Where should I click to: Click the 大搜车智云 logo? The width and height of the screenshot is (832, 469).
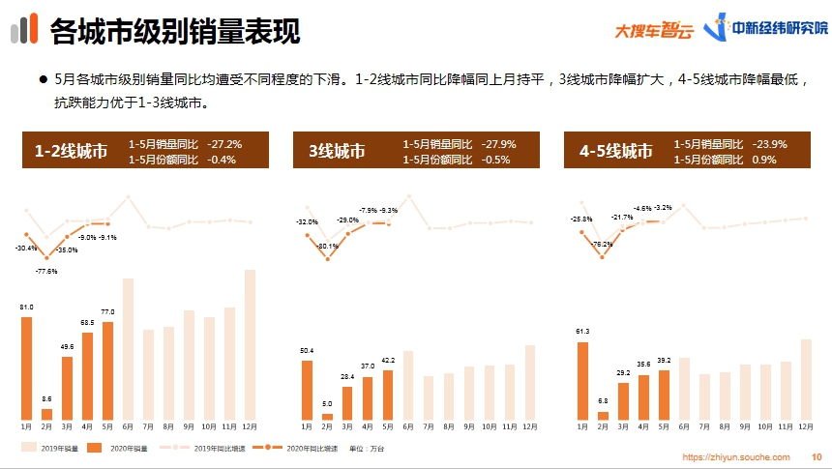pos(654,30)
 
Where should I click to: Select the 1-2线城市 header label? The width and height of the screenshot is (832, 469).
pos(71,151)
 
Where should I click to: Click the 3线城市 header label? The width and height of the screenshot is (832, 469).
pos(338,151)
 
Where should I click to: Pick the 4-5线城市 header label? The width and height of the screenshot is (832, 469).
pos(616,151)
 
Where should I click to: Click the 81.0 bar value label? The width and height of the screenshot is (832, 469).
pos(26,307)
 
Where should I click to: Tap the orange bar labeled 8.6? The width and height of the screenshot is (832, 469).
pos(46,413)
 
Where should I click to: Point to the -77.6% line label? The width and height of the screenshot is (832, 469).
pos(45,272)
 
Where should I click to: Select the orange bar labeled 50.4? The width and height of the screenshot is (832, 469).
pos(307,390)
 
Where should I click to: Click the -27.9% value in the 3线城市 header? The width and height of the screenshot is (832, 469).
pos(499,144)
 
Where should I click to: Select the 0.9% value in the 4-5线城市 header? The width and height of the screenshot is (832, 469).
pos(764,159)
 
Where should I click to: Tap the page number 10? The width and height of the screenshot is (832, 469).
pos(816,456)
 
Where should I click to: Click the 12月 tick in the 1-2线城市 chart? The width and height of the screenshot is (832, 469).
pos(250,426)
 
